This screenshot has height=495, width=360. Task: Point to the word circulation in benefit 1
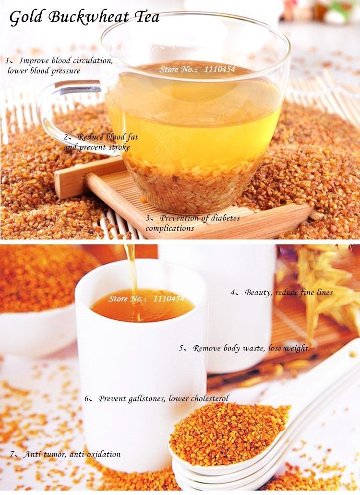pos(92,61)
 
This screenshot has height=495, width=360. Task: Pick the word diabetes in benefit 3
pos(223,218)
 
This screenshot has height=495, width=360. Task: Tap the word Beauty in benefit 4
pos(258,292)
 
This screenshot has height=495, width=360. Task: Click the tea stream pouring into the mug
pos(131,269)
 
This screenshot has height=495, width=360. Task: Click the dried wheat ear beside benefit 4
pos(322,283)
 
